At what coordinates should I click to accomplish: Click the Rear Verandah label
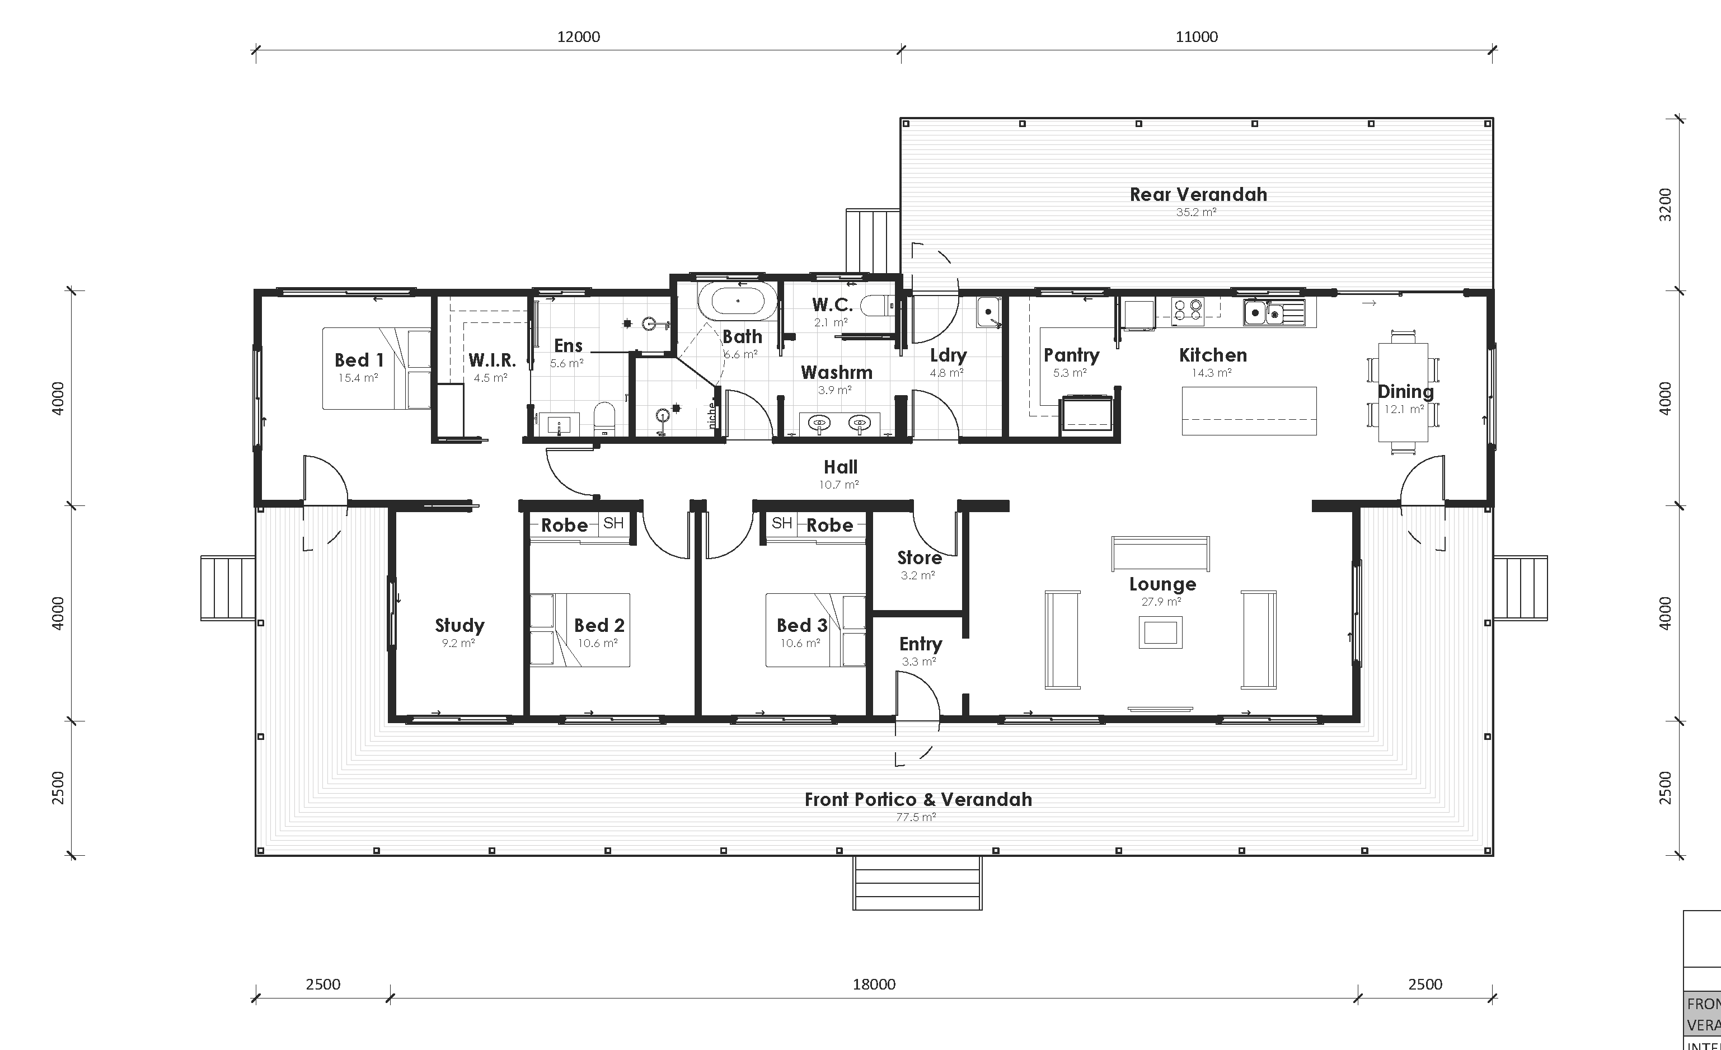click(1198, 194)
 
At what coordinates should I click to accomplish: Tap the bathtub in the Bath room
click(738, 302)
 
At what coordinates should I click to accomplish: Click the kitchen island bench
click(1249, 411)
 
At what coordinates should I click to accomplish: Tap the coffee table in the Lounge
click(1160, 632)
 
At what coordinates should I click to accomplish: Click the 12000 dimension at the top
click(578, 37)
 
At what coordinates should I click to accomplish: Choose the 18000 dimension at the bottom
click(873, 985)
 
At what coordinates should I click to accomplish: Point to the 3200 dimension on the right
click(1666, 205)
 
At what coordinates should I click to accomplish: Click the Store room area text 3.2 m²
click(917, 575)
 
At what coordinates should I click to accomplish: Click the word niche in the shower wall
click(712, 415)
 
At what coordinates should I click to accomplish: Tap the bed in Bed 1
click(376, 369)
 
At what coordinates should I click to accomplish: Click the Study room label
click(459, 625)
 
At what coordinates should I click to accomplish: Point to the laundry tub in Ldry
click(988, 312)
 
